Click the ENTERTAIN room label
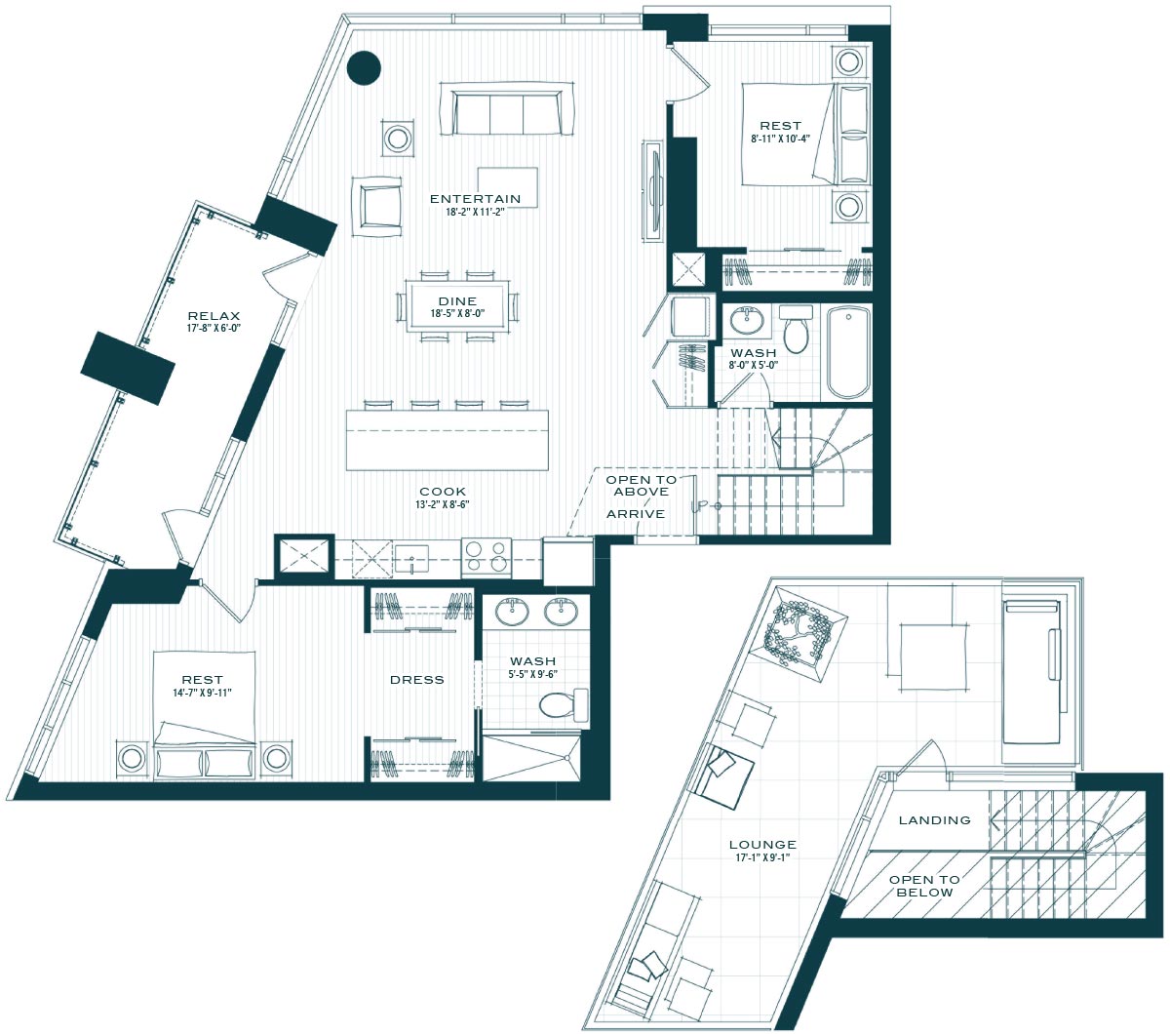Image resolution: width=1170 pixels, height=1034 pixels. [475, 199]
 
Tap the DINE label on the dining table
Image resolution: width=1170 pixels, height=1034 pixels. [457, 301]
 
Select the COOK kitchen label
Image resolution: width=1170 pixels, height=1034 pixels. [443, 492]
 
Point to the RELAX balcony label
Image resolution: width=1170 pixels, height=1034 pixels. [214, 316]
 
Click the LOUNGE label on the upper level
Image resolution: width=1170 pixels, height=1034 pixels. [762, 845]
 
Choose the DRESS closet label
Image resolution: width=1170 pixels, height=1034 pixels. [417, 680]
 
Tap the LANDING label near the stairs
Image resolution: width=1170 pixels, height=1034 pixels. [934, 820]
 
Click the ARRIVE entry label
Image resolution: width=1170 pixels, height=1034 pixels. [636, 514]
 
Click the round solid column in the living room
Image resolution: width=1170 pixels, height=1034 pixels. [364, 67]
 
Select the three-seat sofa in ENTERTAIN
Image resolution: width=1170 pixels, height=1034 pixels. [507, 108]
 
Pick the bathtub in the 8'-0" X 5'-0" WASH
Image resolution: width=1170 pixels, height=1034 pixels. [848, 352]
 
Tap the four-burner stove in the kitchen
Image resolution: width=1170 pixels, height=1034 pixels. [487, 558]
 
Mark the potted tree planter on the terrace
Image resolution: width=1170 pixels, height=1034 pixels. [798, 635]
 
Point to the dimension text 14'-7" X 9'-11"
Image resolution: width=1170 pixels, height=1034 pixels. [202, 693]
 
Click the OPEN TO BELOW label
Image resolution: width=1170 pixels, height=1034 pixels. [924, 886]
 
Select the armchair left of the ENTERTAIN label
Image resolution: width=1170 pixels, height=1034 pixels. [377, 207]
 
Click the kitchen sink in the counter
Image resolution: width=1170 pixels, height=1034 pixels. [411, 559]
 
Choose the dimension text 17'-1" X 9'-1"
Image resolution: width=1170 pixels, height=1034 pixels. [762, 857]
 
